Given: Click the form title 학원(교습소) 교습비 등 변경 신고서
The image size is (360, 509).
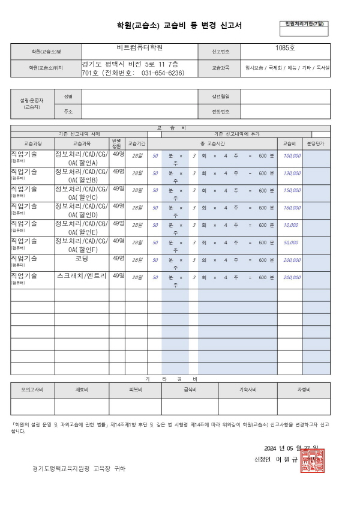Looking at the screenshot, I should pyautogui.click(x=180, y=26).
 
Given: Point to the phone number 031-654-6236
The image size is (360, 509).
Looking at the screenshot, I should pyautogui.click(x=162, y=73).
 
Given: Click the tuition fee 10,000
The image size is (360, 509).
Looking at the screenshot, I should pyautogui.click(x=290, y=224).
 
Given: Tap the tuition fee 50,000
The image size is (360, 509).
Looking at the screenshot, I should pyautogui.click(x=290, y=242).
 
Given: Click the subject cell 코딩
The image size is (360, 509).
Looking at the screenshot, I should pyautogui.click(x=82, y=259).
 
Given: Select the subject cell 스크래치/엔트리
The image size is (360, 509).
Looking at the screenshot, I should pyautogui.click(x=82, y=276).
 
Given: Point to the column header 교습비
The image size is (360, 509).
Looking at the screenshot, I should pyautogui.click(x=289, y=144).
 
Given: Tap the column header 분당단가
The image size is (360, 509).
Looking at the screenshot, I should pyautogui.click(x=315, y=144).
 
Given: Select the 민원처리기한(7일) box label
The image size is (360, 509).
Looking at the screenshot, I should pyautogui.click(x=304, y=23).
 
